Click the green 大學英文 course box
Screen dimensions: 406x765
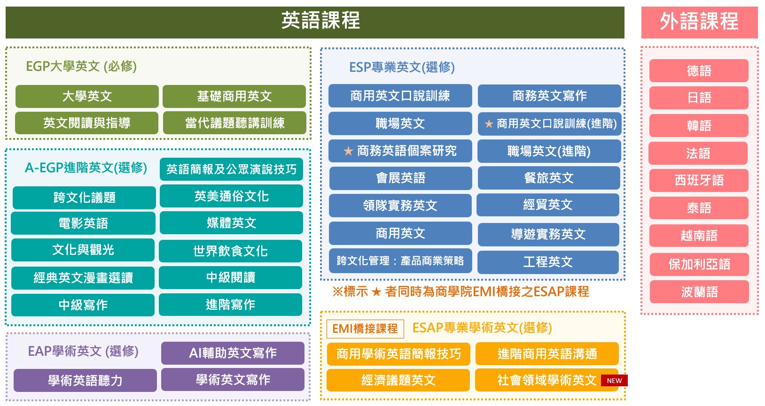pyautogui.click(x=87, y=96)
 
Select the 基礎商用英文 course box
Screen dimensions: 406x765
pyautogui.click(x=234, y=96)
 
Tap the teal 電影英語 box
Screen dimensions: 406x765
pyautogui.click(x=83, y=223)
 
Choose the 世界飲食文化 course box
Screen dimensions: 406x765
pyautogui.click(x=230, y=251)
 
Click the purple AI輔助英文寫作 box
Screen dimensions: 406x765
pyautogui.click(x=233, y=353)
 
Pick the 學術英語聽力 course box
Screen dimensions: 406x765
pyautogui.click(x=85, y=380)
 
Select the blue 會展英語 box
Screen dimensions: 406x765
pyautogui.click(x=400, y=178)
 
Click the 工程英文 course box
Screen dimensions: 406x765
pyautogui.click(x=548, y=262)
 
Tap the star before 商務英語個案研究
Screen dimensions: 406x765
pyautogui.click(x=348, y=151)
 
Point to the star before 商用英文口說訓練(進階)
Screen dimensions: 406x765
pyautogui.click(x=489, y=124)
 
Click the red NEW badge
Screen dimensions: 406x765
pyautogui.click(x=614, y=381)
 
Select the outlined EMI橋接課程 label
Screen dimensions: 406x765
pyautogui.click(x=365, y=329)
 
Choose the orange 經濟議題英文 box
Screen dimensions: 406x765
pyautogui.click(x=398, y=380)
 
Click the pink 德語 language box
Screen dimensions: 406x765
pyautogui.click(x=699, y=71)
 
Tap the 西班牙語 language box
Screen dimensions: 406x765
pyautogui.click(x=699, y=180)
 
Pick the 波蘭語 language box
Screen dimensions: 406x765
pyautogui.click(x=699, y=292)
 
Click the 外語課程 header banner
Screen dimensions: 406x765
pyautogui.click(x=699, y=22)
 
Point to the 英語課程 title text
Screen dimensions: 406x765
pyautogui.click(x=320, y=21)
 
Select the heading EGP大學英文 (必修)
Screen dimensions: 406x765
pyautogui.click(x=81, y=66)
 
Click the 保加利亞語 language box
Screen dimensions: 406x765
pyautogui.click(x=699, y=264)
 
